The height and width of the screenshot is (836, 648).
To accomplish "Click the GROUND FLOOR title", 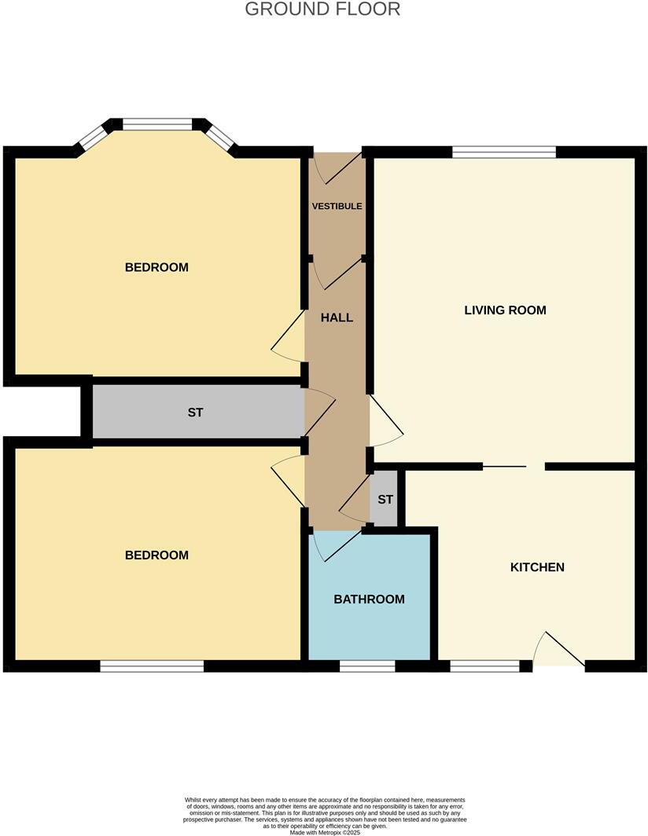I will tap(322, 9).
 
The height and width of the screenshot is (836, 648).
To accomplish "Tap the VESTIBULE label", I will tap(337, 206).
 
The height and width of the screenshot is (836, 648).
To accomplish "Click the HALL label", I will tap(337, 318).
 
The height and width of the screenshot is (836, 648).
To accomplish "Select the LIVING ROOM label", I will tap(505, 310).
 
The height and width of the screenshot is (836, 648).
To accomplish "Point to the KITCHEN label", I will tap(537, 566).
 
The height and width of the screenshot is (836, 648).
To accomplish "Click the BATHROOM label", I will tap(369, 599).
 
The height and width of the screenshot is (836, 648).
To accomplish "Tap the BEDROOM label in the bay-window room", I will tap(156, 267).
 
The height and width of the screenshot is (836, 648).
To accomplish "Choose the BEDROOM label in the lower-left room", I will tap(156, 555).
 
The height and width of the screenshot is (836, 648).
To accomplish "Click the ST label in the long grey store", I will tap(195, 412).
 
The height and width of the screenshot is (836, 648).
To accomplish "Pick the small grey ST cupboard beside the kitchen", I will tap(385, 500).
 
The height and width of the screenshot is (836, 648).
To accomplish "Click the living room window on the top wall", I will tap(504, 152).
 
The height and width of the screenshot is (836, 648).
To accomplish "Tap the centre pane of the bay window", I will tap(157, 124).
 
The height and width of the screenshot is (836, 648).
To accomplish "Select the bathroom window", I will tap(366, 666).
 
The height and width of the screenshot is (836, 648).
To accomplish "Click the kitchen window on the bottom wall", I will tap(484, 666).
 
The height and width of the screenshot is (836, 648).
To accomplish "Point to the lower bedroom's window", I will tap(152, 666).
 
